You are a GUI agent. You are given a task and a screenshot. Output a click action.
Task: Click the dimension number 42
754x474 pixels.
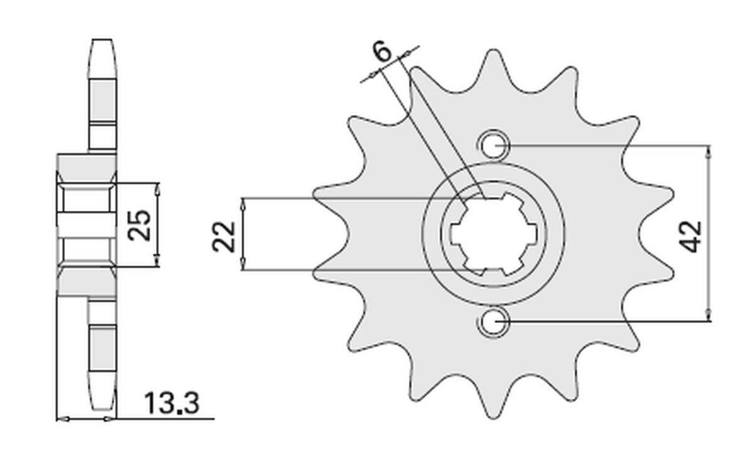[x=693, y=235]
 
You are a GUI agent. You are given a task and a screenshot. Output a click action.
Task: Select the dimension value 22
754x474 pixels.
[x=224, y=236]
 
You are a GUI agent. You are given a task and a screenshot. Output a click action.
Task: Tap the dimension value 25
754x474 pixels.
[x=139, y=225]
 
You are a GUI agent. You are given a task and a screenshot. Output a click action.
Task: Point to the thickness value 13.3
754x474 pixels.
[x=172, y=404]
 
